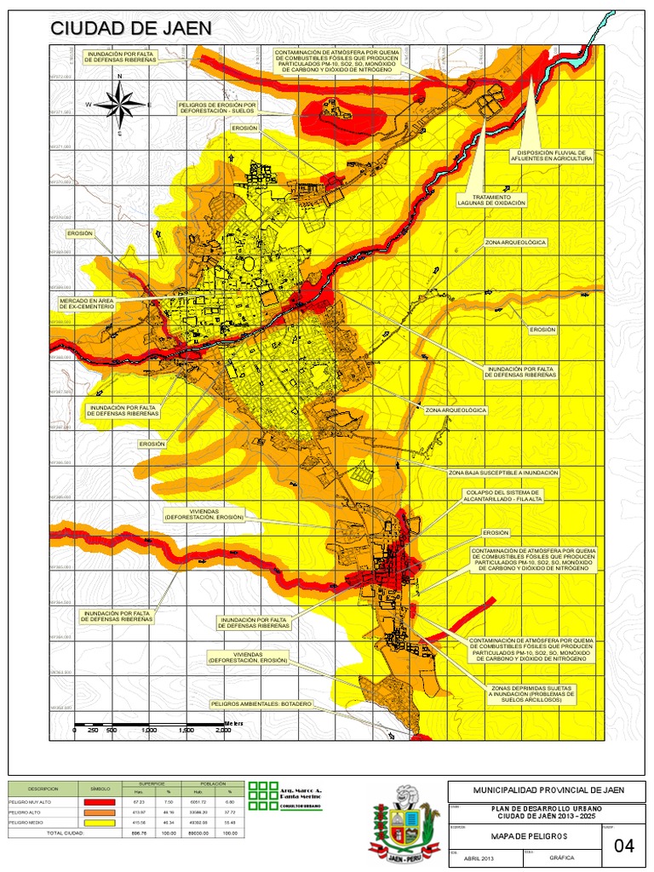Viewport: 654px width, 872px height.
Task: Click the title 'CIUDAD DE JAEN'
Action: click(x=130, y=28)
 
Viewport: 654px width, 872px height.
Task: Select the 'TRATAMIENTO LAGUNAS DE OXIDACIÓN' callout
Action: click(x=491, y=200)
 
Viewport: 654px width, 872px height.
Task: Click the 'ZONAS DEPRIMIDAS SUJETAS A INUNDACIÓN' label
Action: click(x=531, y=694)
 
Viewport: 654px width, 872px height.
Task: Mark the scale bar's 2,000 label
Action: click(x=223, y=731)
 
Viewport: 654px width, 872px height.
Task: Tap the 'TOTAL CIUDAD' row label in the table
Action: click(x=65, y=833)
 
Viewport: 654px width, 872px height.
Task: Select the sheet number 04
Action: click(x=623, y=845)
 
